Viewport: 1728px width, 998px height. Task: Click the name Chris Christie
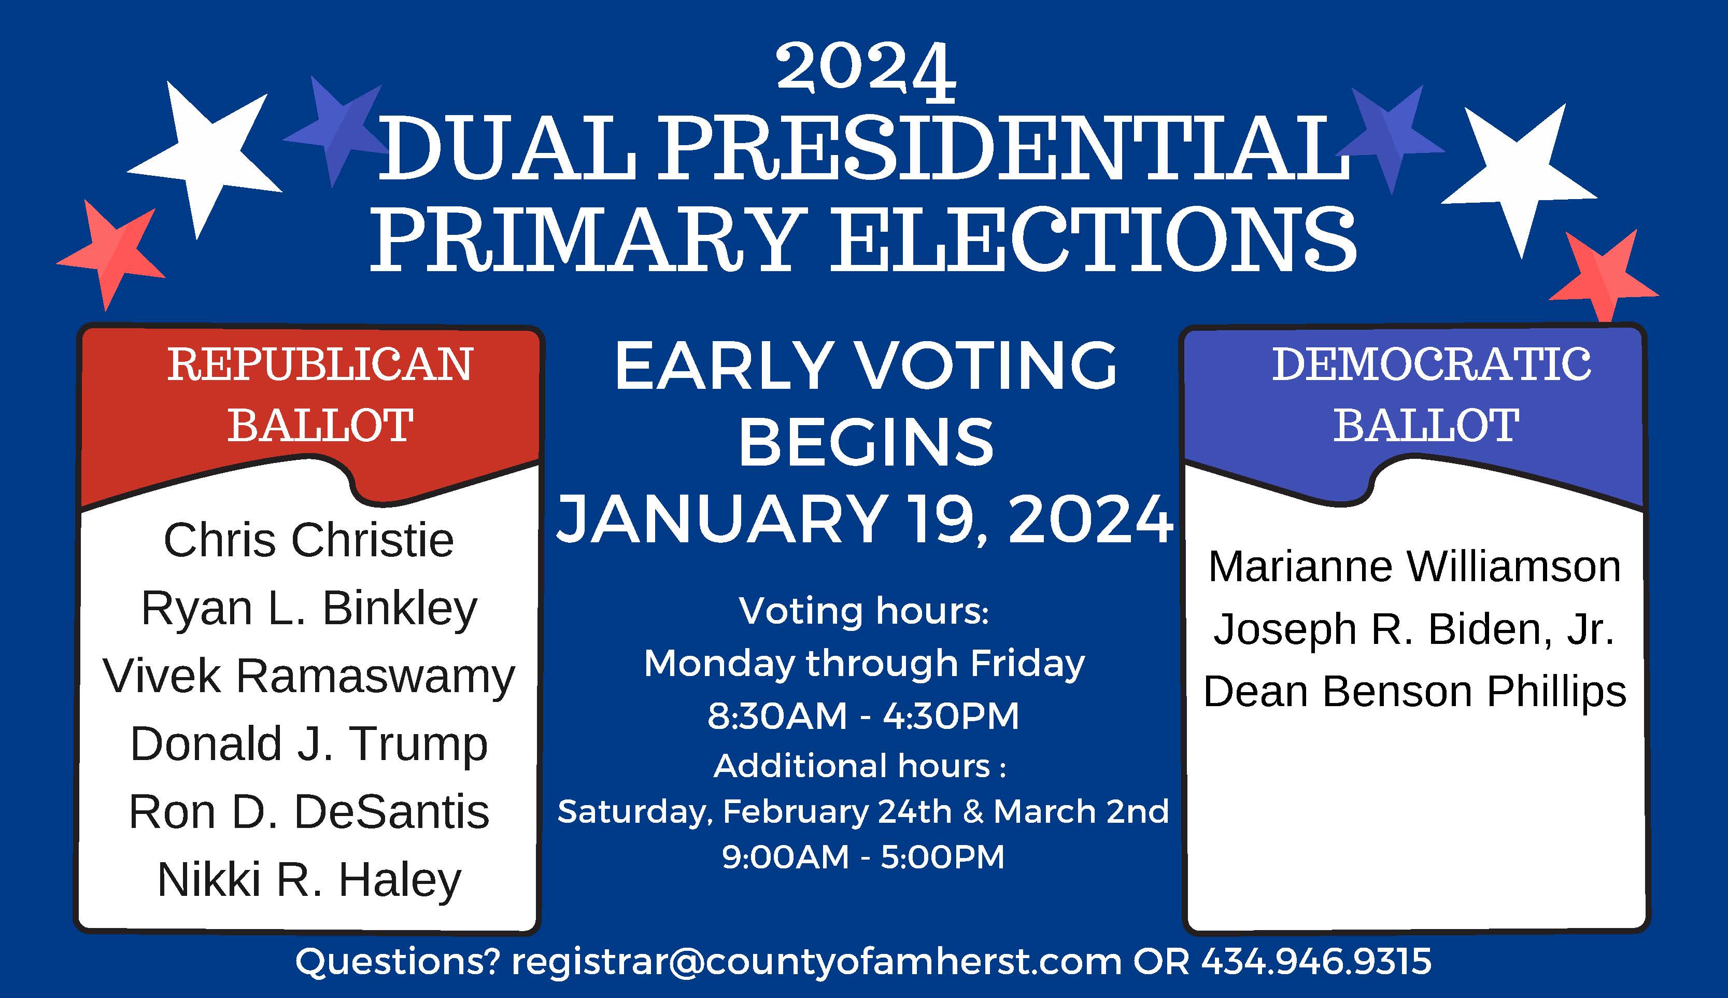pyautogui.click(x=308, y=540)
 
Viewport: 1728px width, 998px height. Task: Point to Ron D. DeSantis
pyautogui.click(x=309, y=812)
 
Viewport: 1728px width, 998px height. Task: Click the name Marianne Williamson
pyautogui.click(x=1414, y=567)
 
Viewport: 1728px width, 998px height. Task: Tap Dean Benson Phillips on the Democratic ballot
pyautogui.click(x=1415, y=692)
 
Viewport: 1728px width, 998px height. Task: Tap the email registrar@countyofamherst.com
pyautogui.click(x=816, y=962)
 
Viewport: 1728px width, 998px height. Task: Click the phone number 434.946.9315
pyautogui.click(x=1316, y=961)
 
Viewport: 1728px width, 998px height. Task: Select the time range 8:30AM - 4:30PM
pyautogui.click(x=863, y=717)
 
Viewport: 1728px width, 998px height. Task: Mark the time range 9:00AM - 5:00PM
pyautogui.click(x=863, y=858)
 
